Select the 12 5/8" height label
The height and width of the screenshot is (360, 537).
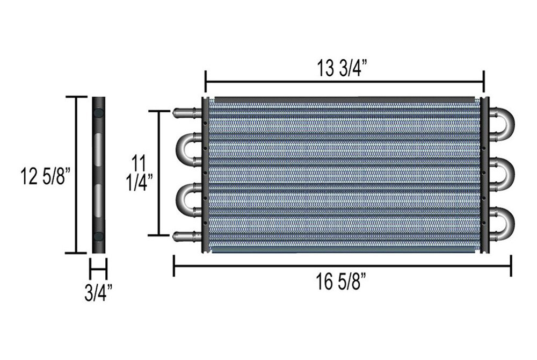[46, 176]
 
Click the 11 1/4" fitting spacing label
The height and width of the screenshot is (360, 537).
[139, 173]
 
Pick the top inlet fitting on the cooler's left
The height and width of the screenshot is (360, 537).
[187, 112]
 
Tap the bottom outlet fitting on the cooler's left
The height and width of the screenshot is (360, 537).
[187, 236]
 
